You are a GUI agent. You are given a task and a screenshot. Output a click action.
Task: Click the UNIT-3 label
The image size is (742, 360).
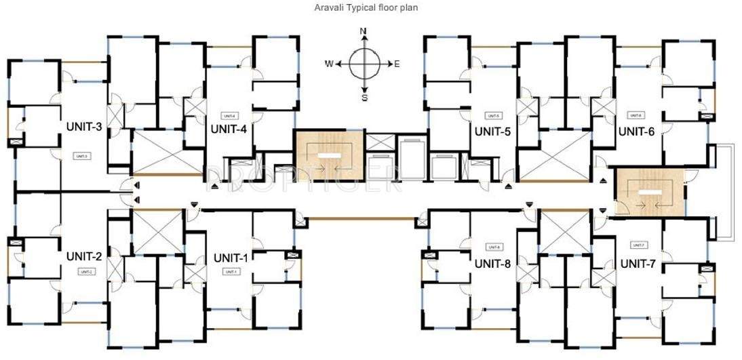point(84,126)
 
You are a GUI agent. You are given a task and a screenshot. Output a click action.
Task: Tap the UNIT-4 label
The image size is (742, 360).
point(228,129)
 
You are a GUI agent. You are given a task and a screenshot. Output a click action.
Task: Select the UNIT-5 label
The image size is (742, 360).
point(492,132)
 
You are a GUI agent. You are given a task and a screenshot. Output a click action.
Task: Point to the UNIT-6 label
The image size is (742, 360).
point(636,132)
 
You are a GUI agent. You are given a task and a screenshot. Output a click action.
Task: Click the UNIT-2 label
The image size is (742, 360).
point(84,256)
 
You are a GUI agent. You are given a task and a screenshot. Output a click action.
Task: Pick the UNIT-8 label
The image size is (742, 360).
point(492,263)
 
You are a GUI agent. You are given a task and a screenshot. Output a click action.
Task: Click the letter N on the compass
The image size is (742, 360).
point(364,31)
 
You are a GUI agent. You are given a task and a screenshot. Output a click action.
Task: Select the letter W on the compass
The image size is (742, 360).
point(328,64)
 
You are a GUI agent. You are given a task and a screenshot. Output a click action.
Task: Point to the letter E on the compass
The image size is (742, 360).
point(397,64)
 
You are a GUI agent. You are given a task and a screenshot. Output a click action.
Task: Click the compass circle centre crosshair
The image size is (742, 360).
point(364,64)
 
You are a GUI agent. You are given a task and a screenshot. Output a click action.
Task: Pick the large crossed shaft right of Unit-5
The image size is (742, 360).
point(555,155)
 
